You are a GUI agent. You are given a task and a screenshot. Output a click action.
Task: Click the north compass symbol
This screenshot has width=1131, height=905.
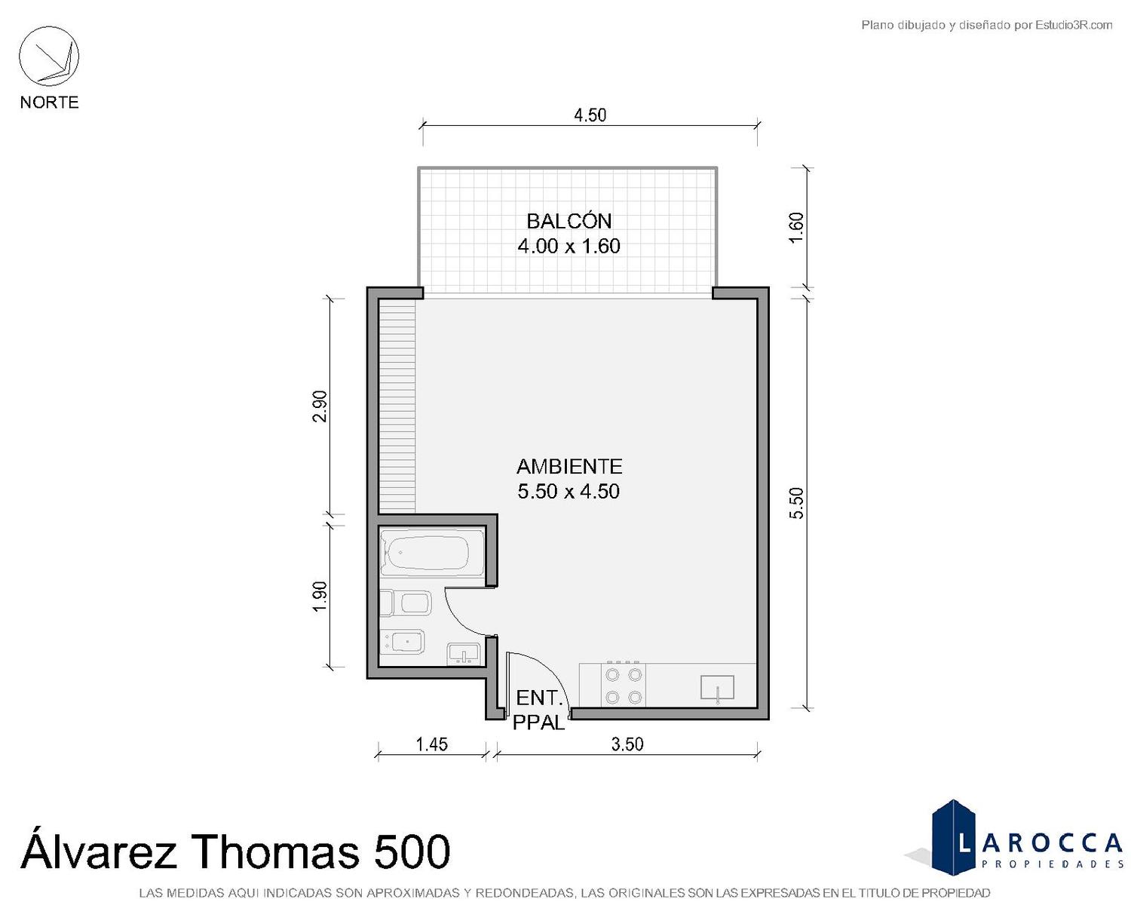(49, 57)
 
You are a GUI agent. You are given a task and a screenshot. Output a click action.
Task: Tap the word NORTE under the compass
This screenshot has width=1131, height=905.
(50, 102)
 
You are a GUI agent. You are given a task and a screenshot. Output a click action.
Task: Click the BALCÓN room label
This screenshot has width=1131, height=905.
(569, 221)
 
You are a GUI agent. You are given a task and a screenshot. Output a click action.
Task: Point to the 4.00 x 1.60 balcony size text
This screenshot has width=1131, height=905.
(569, 246)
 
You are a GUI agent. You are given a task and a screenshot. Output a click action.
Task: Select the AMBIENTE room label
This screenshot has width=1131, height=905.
(569, 466)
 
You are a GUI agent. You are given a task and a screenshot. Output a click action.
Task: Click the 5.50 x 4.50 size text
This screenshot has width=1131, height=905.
(569, 491)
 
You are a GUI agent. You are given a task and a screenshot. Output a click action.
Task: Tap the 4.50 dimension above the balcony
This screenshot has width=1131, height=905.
(590, 115)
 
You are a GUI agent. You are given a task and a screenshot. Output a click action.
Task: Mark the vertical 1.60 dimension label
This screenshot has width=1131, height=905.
(796, 227)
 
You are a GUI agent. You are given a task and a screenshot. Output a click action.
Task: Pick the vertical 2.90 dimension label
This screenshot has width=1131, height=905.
(320, 406)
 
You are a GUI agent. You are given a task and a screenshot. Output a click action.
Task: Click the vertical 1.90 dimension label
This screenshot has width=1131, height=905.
(320, 597)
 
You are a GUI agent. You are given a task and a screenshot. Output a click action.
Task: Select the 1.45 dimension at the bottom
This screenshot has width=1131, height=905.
(431, 744)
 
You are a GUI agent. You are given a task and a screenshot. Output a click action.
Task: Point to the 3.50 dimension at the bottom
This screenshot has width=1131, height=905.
(627, 744)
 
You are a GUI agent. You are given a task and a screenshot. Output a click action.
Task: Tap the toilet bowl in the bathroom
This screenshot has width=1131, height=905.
(406, 603)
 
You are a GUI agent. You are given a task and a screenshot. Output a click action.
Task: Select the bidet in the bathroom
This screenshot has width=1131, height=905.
(403, 642)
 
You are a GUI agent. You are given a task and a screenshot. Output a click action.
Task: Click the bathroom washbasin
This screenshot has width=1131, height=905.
(463, 654)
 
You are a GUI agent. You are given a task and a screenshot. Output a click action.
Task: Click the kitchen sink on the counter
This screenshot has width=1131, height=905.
(717, 688)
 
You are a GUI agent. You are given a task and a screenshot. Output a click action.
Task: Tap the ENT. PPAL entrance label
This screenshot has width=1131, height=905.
(539, 710)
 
